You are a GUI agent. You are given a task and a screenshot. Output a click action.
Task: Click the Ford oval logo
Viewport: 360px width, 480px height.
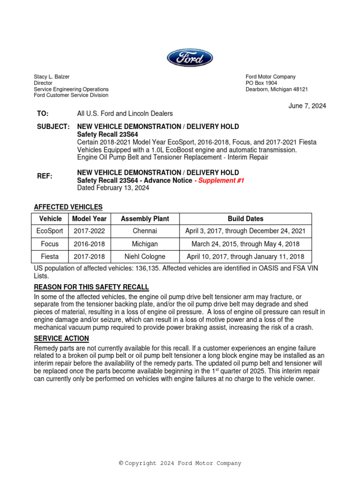point(190,58)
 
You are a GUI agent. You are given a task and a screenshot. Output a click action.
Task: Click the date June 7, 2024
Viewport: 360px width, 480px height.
point(307,106)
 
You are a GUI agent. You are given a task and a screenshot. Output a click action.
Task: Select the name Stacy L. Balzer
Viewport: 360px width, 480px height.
point(52,77)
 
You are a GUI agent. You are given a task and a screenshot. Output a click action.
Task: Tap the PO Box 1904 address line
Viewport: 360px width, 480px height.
point(262,83)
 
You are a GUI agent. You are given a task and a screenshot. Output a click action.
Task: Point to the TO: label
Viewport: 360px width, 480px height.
point(43,113)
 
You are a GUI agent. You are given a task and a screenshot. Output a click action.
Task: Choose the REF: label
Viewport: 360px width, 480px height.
point(45,176)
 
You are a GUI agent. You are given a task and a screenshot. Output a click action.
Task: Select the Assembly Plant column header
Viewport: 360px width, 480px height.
point(145,219)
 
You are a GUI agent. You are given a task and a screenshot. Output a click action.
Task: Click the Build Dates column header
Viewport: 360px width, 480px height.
point(246,219)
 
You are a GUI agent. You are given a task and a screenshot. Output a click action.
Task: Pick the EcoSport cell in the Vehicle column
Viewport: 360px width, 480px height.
point(50,231)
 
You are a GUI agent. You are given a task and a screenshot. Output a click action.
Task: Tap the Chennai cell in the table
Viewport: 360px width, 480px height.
point(145,231)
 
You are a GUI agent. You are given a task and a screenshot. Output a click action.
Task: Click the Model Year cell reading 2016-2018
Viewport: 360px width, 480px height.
point(89,244)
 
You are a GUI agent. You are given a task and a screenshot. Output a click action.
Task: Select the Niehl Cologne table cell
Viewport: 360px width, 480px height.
point(145,257)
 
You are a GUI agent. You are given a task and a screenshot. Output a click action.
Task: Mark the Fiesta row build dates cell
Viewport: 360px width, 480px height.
point(246,257)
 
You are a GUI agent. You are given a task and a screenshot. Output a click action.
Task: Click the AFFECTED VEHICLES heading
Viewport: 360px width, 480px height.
point(68,207)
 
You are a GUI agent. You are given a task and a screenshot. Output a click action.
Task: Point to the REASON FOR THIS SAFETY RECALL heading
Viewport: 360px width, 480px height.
point(91,287)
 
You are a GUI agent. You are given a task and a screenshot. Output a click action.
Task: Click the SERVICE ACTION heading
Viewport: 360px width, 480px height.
point(61,338)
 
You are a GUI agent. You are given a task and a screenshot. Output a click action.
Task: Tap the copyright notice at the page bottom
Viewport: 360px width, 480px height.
point(180,463)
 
